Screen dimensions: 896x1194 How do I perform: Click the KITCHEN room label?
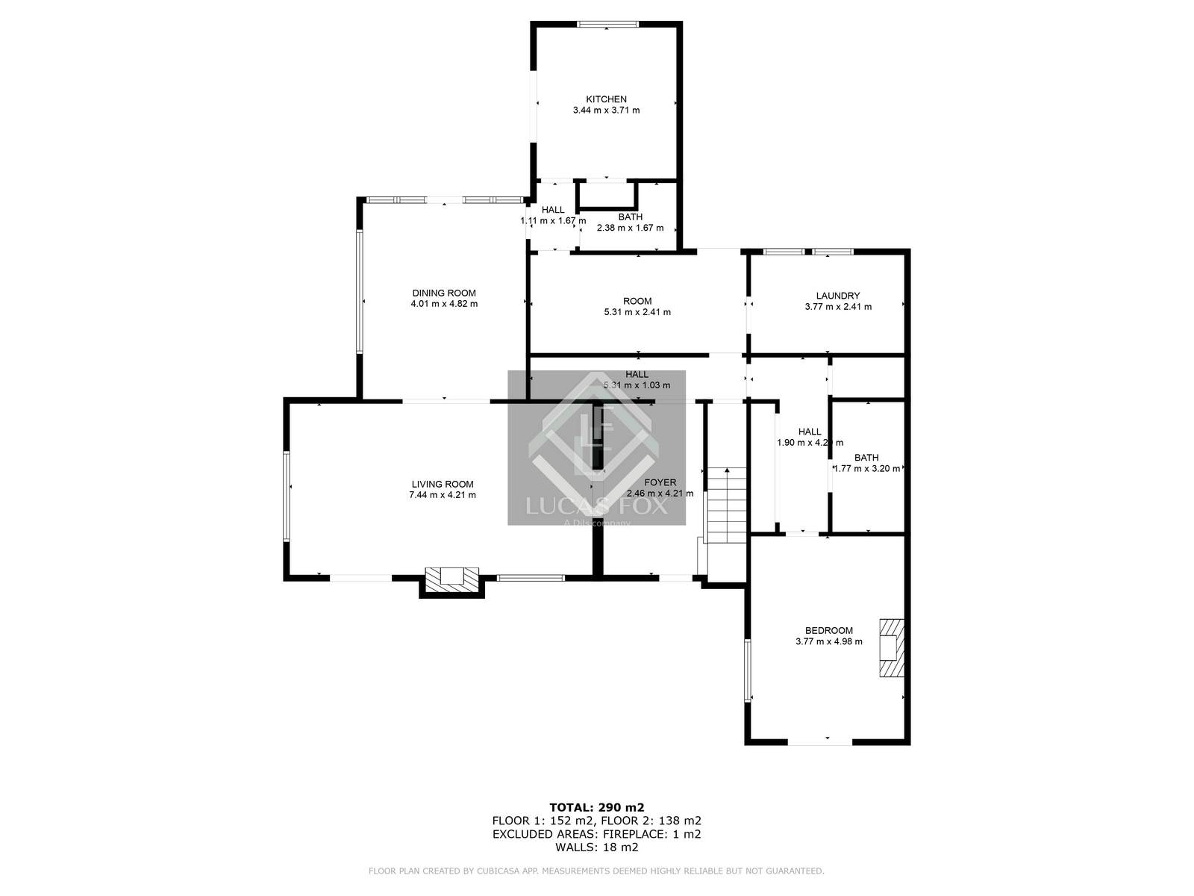606,99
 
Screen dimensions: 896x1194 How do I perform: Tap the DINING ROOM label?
444,293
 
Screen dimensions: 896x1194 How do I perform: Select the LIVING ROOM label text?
443,484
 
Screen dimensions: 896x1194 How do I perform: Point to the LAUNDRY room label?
837,296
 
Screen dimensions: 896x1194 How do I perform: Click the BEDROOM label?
828,630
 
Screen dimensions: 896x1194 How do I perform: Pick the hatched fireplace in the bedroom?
892,647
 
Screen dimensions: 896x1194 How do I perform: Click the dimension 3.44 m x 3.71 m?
606,111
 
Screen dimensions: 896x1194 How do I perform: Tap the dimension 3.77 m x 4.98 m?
828,641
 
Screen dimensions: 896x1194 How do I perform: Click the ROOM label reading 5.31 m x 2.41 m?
637,301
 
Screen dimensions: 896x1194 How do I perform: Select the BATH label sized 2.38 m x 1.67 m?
630,217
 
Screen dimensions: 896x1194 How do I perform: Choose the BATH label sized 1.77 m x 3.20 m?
866,458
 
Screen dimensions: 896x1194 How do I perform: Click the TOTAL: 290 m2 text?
596,807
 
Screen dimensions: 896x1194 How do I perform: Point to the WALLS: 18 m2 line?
596,847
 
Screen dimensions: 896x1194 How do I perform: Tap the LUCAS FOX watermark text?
596,507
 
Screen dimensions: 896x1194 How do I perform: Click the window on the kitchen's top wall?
607,25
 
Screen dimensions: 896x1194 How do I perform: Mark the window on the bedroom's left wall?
747,669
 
